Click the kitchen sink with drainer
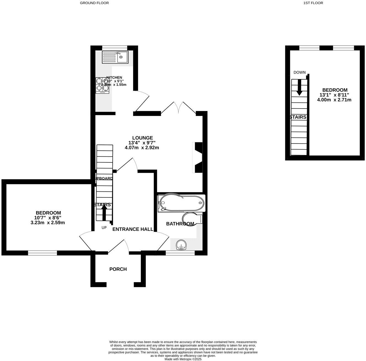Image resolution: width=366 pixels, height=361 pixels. (x=115, y=57)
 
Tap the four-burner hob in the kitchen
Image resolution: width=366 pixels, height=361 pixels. (x=102, y=85)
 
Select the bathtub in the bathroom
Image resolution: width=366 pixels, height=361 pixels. (x=181, y=203)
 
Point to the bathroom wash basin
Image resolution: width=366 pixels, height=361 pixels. (x=181, y=245)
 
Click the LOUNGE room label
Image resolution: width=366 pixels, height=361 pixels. (x=142, y=138)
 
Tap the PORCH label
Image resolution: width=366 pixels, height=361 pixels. (x=118, y=269)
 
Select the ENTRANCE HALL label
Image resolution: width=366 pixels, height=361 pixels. (x=133, y=229)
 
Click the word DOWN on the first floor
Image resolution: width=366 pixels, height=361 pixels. (x=299, y=72)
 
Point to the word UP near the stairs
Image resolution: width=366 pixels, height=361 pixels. (x=104, y=227)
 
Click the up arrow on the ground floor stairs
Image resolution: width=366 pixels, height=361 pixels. (x=104, y=213)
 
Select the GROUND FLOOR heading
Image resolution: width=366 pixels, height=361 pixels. (x=94, y=3)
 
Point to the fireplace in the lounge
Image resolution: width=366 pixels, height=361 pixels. (x=198, y=158)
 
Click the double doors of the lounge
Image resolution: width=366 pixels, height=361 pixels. (x=179, y=107)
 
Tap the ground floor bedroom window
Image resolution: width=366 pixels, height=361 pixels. (x=42, y=253)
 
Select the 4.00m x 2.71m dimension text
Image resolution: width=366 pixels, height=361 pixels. (x=334, y=100)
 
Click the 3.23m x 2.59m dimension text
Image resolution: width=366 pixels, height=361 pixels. (x=48, y=222)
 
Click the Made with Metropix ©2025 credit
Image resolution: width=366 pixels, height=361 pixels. (x=183, y=359)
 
